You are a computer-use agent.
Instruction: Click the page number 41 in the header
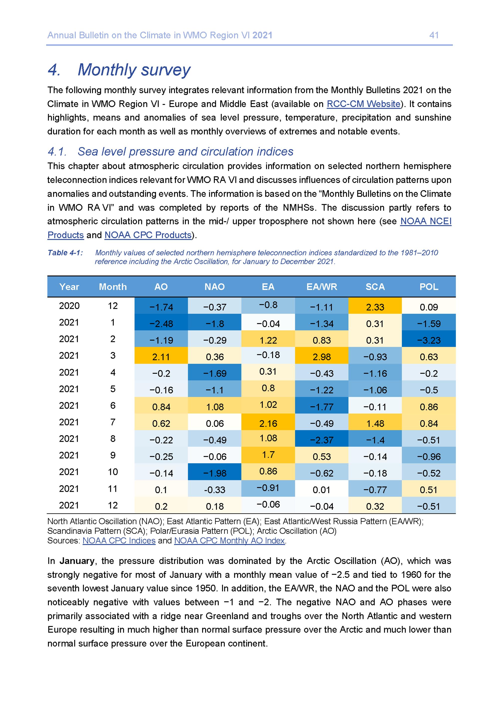pyautogui.click(x=434, y=35)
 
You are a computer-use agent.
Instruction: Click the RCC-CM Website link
pyautogui.click(x=364, y=104)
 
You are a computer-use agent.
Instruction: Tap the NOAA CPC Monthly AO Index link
pyautogui.click(x=230, y=540)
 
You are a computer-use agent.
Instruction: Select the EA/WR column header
pyautogui.click(x=322, y=287)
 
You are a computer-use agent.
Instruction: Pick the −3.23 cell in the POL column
pyautogui.click(x=429, y=340)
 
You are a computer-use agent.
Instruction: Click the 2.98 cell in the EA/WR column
pyautogui.click(x=322, y=357)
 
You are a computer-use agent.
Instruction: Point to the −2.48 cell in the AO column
pyautogui.click(x=161, y=324)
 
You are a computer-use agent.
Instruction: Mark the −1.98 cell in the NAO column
pyautogui.click(x=215, y=473)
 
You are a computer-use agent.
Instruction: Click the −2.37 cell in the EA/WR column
pyautogui.click(x=322, y=440)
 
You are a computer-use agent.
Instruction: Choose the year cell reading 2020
pyautogui.click(x=69, y=306)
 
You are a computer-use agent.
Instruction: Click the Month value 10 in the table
pyautogui.click(x=113, y=472)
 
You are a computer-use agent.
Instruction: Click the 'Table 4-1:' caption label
pyautogui.click(x=65, y=253)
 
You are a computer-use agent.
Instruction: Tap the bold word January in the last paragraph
pyautogui.click(x=77, y=561)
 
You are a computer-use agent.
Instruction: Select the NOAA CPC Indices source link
pyautogui.click(x=119, y=540)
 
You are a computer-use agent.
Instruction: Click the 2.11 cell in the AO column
pyautogui.click(x=161, y=357)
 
